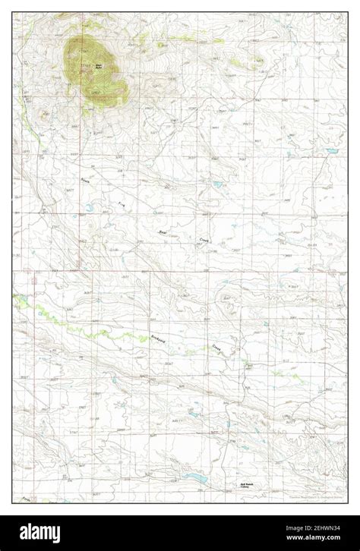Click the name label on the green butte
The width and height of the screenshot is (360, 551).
pos(98,67)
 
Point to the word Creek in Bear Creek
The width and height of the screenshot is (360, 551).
pos(204,239)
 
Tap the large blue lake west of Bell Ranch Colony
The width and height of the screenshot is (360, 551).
pos(195,479)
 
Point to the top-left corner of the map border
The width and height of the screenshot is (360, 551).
pos(13,13)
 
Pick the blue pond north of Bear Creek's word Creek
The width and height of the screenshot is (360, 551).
pos(217,184)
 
